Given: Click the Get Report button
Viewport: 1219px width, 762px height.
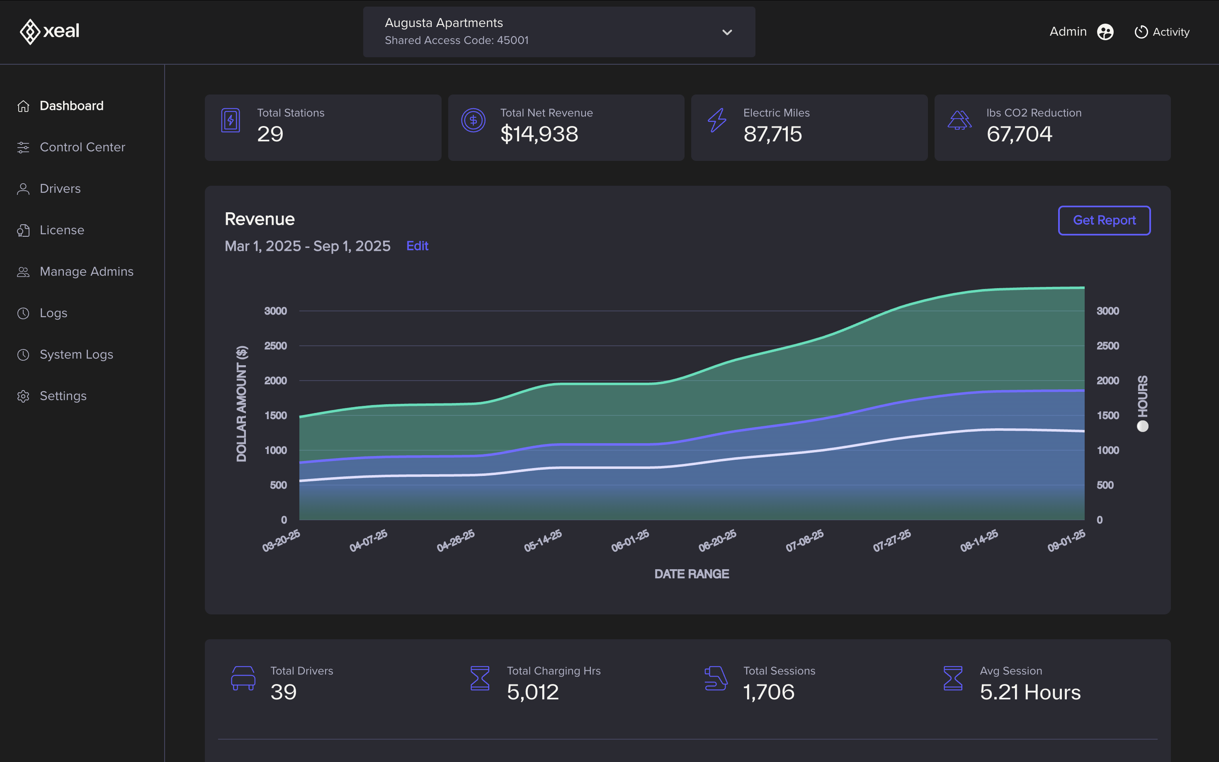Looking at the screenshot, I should coord(1104,220).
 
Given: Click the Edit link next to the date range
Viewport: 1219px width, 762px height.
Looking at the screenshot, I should coord(417,246).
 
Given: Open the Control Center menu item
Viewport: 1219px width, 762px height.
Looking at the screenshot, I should coord(82,147).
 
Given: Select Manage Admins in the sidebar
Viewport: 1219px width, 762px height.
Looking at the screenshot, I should coord(86,272).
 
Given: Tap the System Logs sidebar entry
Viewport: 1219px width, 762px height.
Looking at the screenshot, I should coord(76,354).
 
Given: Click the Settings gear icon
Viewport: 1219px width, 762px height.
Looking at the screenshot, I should coord(23,396).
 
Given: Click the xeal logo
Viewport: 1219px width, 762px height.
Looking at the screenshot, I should coord(49,31).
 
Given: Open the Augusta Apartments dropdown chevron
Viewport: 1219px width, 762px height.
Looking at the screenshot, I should coord(727,32).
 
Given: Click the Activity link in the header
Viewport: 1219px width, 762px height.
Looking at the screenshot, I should coord(1162,32).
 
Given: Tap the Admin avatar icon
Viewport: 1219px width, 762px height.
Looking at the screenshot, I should coord(1105,32).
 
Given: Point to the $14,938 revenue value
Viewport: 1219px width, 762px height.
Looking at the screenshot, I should coord(539,134).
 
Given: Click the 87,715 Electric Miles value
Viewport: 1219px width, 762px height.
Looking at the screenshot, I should coord(772,134).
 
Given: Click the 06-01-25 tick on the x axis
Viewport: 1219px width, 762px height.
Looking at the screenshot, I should coord(630,540).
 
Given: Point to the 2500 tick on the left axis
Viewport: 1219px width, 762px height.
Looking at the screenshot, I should coord(275,346).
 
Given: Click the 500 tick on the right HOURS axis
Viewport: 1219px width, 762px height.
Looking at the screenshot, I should coord(1105,485).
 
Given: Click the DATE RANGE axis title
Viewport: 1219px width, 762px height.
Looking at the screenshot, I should coord(691,574).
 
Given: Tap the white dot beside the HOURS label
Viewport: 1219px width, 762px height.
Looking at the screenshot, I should coord(1142,426).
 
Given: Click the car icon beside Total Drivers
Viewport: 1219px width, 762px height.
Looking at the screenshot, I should coord(243,678).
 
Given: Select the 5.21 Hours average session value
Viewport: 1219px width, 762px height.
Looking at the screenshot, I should coord(1030,692).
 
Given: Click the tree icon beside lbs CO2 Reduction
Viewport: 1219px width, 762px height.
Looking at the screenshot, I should coord(959,121).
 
